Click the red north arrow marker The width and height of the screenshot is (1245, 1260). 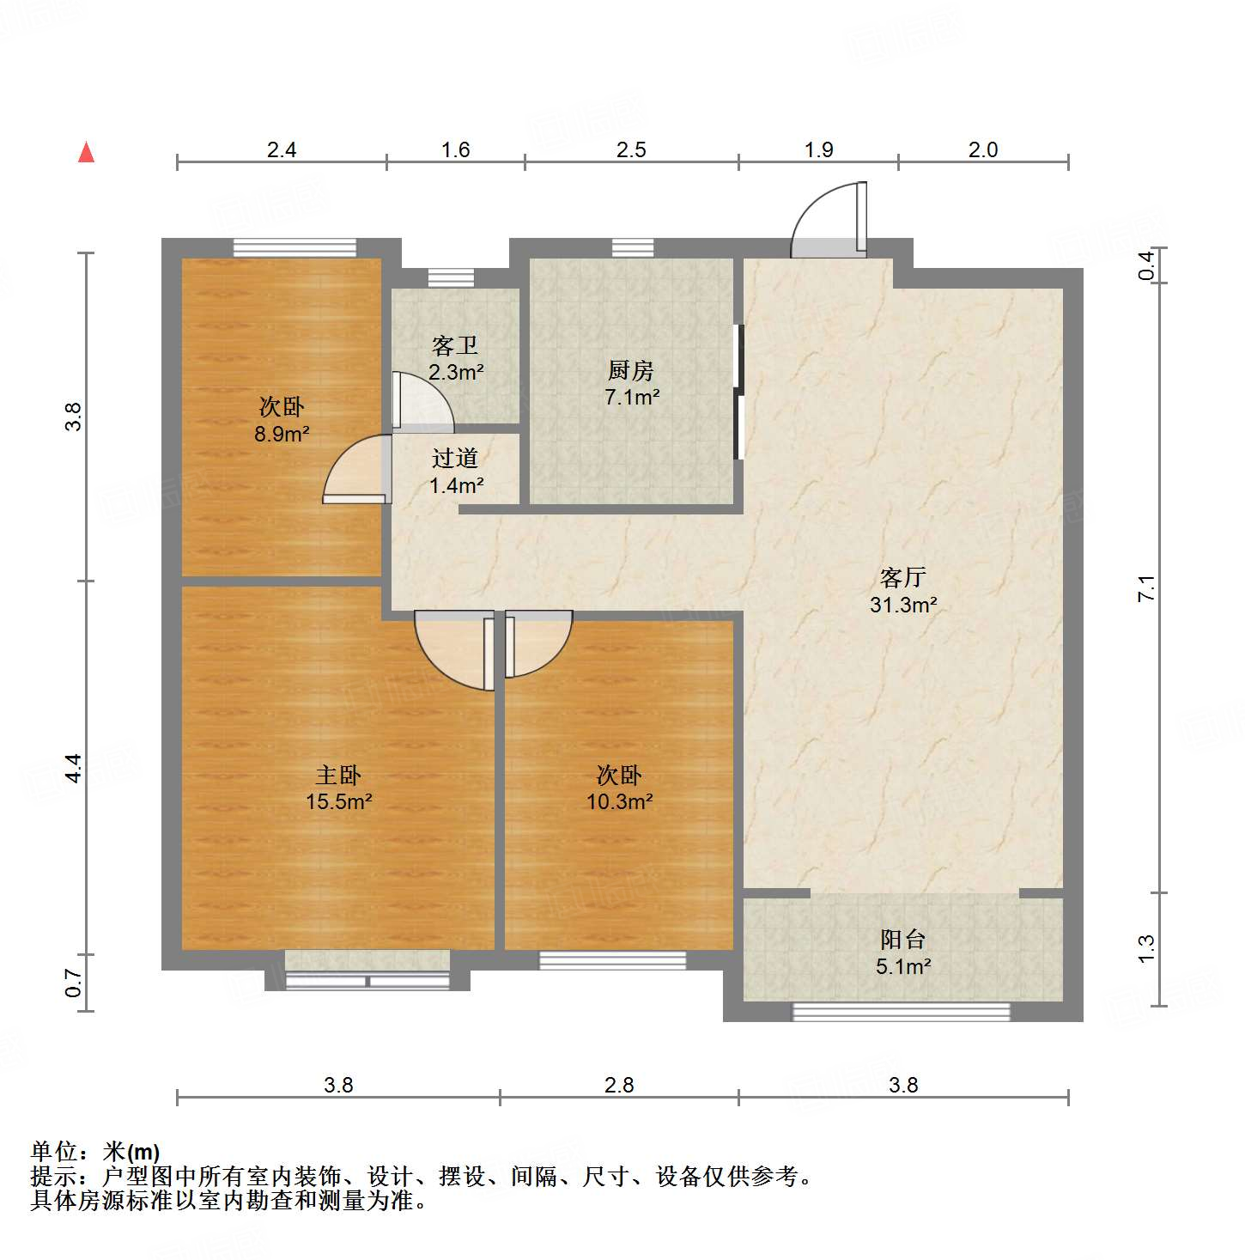click(x=86, y=152)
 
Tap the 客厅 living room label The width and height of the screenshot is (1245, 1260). click(x=902, y=577)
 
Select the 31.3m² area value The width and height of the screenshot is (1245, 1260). click(x=902, y=605)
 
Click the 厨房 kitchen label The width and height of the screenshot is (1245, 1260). click(x=631, y=370)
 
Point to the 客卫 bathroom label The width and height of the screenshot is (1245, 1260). click(x=455, y=345)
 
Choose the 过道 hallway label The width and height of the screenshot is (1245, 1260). click(x=455, y=458)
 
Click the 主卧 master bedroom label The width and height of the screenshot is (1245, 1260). click(x=338, y=775)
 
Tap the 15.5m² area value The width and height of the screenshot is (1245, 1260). click(x=338, y=801)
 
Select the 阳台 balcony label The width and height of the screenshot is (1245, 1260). click(x=902, y=939)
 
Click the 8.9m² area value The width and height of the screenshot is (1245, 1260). click(x=281, y=434)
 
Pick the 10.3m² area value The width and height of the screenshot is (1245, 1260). click(x=619, y=801)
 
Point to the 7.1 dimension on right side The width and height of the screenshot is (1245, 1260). click(x=1146, y=588)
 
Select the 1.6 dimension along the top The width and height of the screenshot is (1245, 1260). click(x=455, y=149)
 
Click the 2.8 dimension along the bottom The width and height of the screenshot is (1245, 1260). click(x=619, y=1085)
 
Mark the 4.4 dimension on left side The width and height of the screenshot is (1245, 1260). click(x=74, y=767)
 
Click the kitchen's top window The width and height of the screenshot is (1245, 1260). click(x=633, y=248)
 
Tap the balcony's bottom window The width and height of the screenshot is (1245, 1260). click(x=901, y=1012)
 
